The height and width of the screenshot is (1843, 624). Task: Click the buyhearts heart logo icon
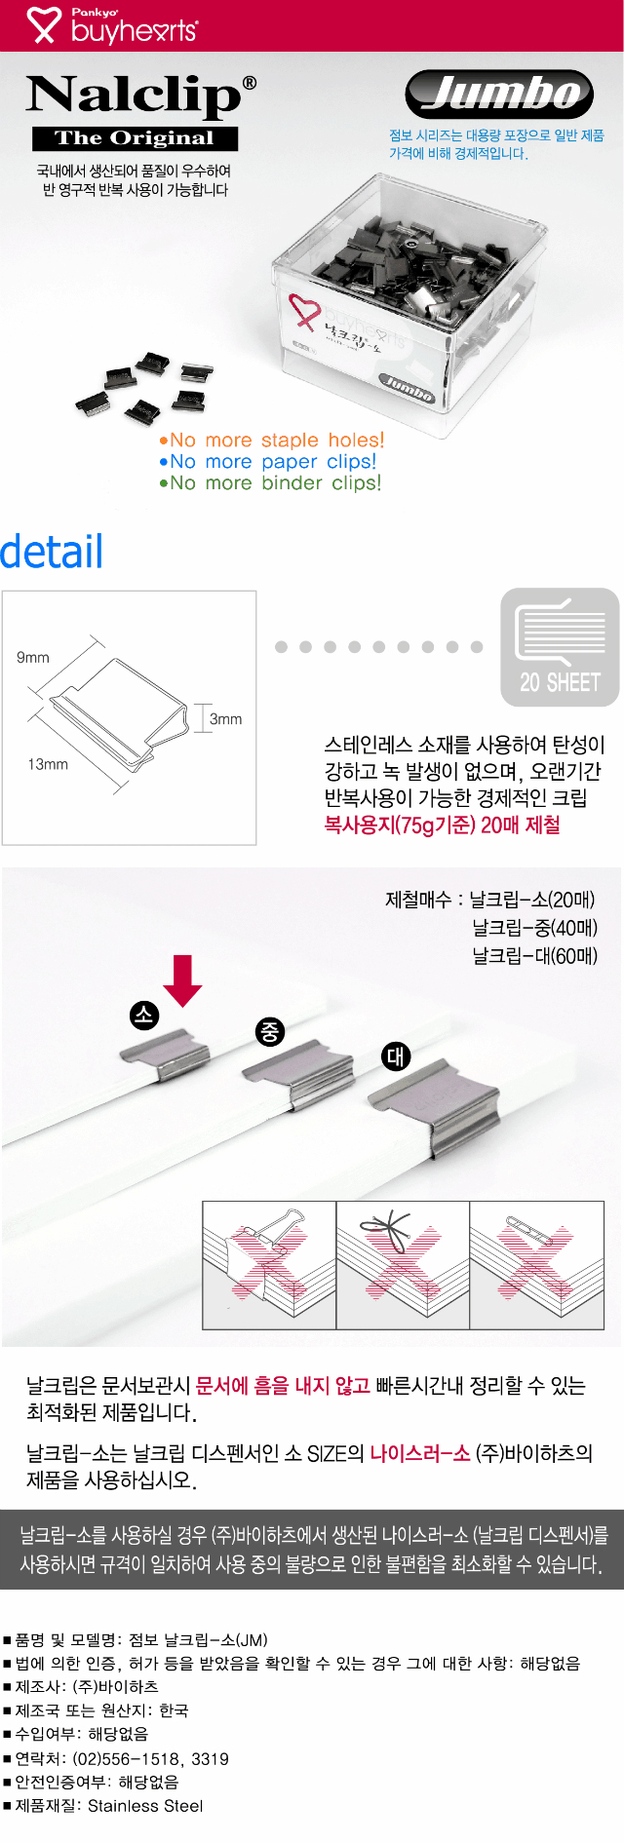coord(43,25)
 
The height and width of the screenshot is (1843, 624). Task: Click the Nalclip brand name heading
coord(141,96)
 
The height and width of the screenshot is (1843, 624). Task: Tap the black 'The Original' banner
coord(135,138)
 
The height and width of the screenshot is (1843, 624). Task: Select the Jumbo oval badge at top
coord(499,94)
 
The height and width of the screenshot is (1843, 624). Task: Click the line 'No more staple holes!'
coord(272,440)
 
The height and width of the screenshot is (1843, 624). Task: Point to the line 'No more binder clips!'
coord(270,482)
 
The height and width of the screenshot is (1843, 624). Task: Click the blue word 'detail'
coord(52,552)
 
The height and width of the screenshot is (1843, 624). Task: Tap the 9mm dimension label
coord(33,658)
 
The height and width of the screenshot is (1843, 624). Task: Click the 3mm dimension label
coord(226,719)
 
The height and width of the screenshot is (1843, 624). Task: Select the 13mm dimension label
coord(48,765)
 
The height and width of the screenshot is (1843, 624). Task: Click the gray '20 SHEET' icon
coord(560,647)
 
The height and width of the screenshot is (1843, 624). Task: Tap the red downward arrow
coord(182,980)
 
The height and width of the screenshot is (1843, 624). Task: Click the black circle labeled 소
coord(144,1016)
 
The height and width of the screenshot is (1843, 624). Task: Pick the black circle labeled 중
coord(270,1031)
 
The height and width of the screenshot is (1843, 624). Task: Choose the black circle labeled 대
coord(396,1056)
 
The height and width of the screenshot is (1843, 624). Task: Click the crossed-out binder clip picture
coord(269,1265)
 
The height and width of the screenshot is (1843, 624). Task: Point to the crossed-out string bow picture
coord(403,1265)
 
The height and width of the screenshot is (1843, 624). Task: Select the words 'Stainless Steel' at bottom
coord(145,1806)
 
